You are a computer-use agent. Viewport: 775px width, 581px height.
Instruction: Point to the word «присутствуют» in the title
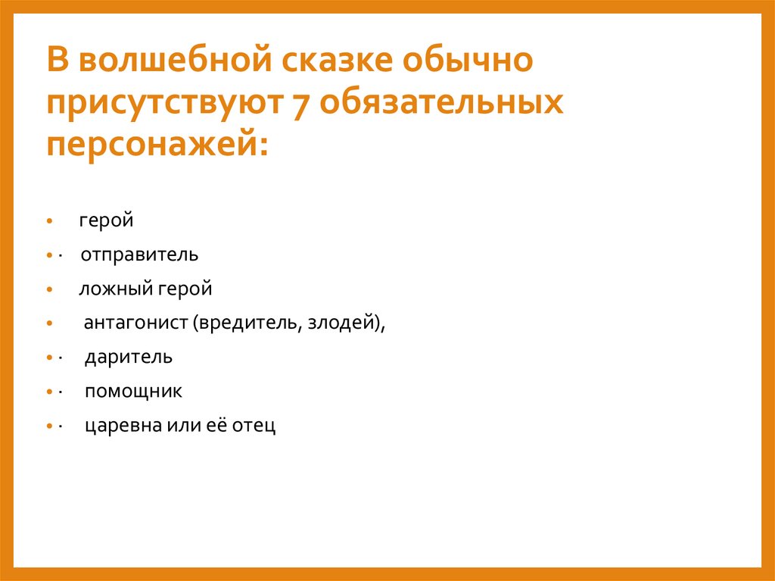tap(158, 102)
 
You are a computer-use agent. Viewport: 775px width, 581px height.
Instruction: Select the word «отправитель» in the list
tap(140, 255)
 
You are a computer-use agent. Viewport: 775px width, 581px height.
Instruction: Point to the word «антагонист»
tap(135, 323)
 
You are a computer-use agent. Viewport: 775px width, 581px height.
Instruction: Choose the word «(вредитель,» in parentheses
tap(245, 323)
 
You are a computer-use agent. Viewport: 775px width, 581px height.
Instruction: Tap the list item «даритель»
tap(128, 357)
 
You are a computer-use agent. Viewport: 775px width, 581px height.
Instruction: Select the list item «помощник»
tap(133, 392)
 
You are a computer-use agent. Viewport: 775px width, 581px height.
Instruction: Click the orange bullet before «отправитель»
tap(48, 256)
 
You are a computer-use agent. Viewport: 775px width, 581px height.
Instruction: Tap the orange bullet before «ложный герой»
tap(48, 290)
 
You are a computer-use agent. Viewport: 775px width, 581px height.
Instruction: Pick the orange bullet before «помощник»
tap(48, 393)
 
